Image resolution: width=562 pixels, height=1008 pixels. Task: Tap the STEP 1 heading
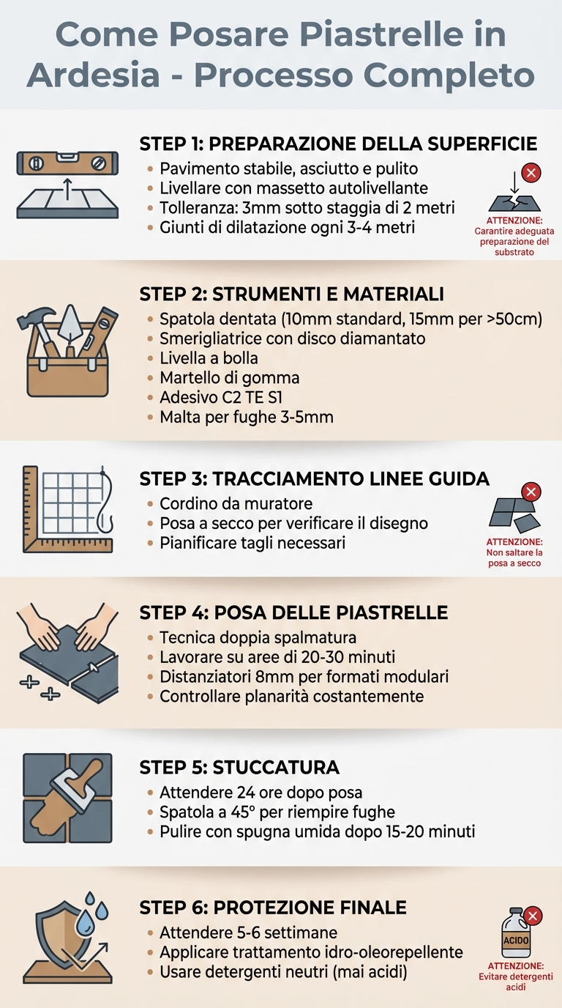338,144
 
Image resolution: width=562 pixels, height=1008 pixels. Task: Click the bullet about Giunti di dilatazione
287,227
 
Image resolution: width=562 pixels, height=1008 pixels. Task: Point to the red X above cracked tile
532,174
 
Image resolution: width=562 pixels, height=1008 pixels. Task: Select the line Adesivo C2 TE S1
221,398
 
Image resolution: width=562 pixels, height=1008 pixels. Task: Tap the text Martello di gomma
229,378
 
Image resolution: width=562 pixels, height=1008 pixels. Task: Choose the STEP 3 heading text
314,479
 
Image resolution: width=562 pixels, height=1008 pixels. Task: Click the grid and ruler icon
67,508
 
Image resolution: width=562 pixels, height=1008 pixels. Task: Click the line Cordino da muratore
236,504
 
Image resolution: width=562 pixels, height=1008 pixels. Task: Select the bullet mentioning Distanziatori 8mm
304,676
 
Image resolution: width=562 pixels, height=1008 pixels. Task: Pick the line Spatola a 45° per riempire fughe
277,812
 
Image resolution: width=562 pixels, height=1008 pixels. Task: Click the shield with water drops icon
67,938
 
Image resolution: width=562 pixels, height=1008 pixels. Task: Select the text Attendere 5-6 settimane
248,933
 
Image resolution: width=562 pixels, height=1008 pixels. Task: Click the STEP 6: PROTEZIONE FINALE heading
272,908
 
